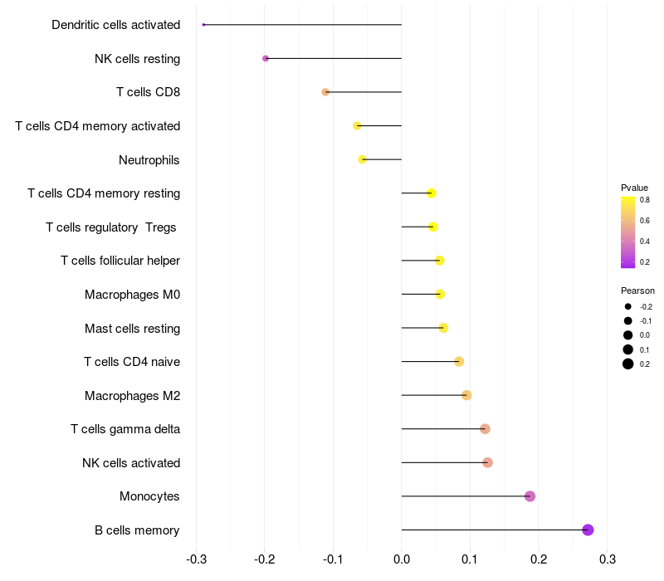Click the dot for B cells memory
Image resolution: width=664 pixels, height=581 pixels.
[x=588, y=530]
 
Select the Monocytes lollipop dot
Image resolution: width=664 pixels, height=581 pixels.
[x=530, y=496]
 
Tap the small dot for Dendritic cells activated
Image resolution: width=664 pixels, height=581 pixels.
[x=203, y=25]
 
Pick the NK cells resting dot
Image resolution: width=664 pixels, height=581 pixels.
[x=266, y=58]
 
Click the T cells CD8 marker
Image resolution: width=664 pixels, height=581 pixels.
[x=325, y=92]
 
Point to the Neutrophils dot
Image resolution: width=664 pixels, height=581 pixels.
[x=362, y=159]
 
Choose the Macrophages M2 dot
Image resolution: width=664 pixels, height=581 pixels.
[x=466, y=395]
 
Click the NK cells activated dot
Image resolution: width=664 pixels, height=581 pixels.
[x=487, y=462]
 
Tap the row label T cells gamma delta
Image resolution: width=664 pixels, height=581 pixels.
[x=125, y=429]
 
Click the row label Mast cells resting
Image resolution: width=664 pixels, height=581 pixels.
[x=132, y=328]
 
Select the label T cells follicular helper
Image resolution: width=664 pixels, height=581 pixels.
[x=120, y=261]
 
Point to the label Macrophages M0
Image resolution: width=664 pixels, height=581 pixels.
[x=132, y=295]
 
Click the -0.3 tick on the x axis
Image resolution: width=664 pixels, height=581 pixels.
[x=197, y=558]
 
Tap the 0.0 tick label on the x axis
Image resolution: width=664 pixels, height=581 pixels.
[x=402, y=558]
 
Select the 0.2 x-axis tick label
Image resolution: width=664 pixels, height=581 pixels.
[x=539, y=558]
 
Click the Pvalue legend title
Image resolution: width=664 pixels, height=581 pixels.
[x=634, y=188]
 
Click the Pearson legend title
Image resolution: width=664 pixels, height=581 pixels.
[x=637, y=291]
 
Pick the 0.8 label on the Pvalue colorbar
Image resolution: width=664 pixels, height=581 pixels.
[x=644, y=200]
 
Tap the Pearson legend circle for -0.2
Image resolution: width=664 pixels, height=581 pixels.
[x=628, y=307]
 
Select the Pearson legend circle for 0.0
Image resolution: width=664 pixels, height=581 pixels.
[x=628, y=335]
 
